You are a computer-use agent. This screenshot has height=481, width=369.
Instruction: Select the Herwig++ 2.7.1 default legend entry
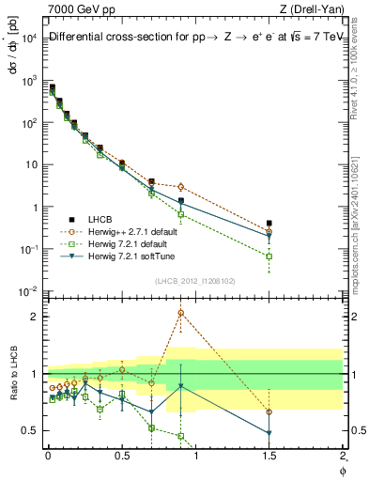(119, 229)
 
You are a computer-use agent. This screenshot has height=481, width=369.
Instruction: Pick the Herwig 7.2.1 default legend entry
(115, 241)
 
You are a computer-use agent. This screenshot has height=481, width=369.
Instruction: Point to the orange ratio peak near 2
(180, 313)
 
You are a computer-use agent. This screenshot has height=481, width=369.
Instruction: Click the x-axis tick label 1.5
(269, 455)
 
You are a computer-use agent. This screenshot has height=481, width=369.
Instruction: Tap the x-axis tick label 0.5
(121, 455)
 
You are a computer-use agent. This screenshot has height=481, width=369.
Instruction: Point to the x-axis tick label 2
(343, 455)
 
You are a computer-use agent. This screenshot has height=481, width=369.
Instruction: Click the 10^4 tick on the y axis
(28, 38)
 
